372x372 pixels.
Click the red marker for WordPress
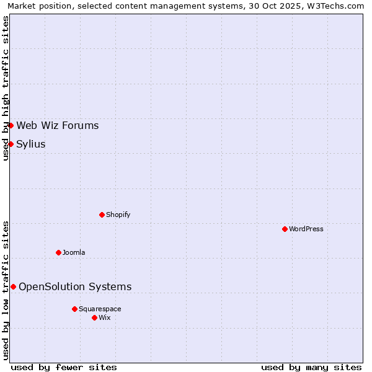pyautogui.click(x=285, y=229)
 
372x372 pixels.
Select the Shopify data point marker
pyautogui.click(x=102, y=215)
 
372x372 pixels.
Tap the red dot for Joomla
pyautogui.click(x=58, y=252)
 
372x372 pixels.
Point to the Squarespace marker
pyautogui.click(x=74, y=309)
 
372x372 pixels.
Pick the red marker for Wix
pyautogui.click(x=94, y=317)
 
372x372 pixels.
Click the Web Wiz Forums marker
pyautogui.click(x=11, y=125)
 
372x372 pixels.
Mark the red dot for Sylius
pyautogui.click(x=11, y=144)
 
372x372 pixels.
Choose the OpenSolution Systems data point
pyautogui.click(x=13, y=286)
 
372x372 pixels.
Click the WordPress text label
pyautogui.click(x=306, y=229)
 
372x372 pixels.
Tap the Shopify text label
pyautogui.click(x=118, y=215)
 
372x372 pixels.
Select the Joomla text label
pyautogui.click(x=74, y=252)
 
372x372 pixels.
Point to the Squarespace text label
pyautogui.click(x=100, y=309)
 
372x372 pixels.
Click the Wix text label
pyautogui.click(x=105, y=317)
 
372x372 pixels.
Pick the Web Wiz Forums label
pyautogui.click(x=58, y=126)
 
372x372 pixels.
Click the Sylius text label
pyautogui.click(x=31, y=144)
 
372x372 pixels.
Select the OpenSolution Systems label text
pyautogui.click(x=75, y=286)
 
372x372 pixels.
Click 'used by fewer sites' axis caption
pyautogui.click(x=64, y=367)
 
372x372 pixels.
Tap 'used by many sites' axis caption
pyautogui.click(x=311, y=367)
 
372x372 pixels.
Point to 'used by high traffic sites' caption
pyautogui.click(x=6, y=88)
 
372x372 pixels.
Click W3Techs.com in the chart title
pyautogui.click(x=338, y=6)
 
